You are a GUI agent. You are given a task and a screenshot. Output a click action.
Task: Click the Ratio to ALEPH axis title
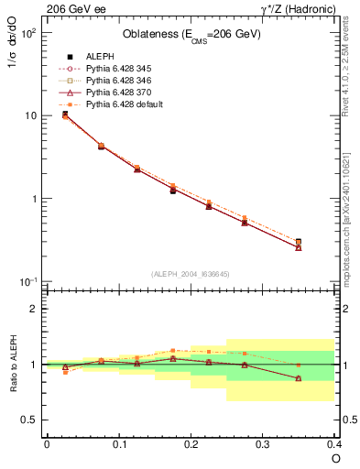15,364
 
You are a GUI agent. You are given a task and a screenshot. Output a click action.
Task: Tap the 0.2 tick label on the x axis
191,444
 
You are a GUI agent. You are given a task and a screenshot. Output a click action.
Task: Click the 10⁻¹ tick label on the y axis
27,282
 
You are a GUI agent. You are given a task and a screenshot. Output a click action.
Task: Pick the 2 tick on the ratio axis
33,309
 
